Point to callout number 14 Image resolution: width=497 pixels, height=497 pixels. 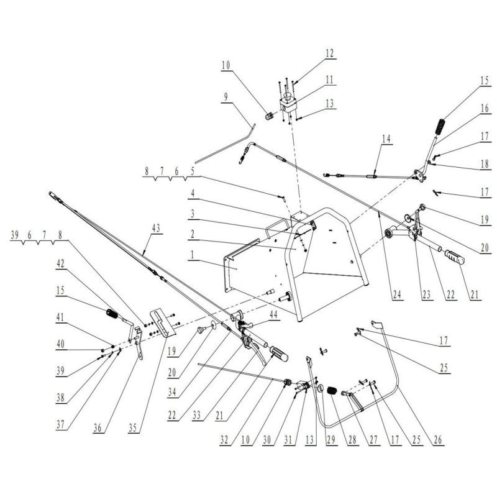pos(386,139)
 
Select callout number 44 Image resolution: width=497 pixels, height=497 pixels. pos(273,315)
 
